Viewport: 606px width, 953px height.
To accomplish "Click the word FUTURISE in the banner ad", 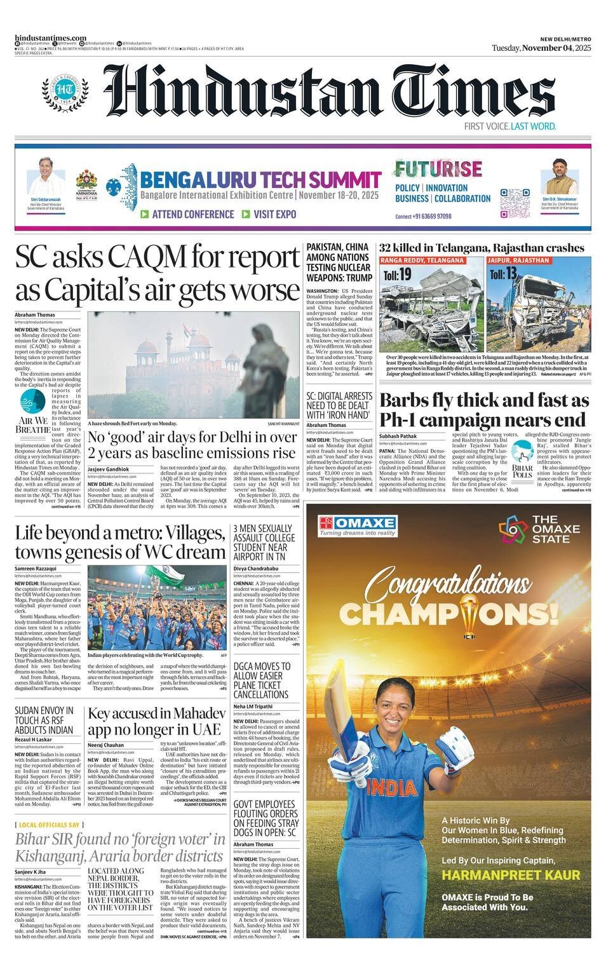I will point(438,169).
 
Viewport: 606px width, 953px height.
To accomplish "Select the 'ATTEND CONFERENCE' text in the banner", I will point(187,215).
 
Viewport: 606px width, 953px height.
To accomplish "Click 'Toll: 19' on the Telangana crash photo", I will point(398,274).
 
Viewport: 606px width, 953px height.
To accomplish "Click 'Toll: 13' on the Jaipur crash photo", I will point(502,274).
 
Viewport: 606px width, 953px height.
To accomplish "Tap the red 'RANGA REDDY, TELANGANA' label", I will point(422,260).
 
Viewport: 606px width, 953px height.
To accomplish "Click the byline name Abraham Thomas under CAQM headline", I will point(35,315).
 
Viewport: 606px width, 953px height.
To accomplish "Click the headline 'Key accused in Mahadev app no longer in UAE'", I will point(156,721).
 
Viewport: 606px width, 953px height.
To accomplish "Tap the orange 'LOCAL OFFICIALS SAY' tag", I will point(49,825).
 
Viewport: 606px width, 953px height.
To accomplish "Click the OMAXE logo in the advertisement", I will point(358,525).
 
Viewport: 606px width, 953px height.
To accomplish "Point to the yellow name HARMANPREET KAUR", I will point(511,875).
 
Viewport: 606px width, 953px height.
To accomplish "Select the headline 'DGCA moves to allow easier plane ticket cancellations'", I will point(262,680).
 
